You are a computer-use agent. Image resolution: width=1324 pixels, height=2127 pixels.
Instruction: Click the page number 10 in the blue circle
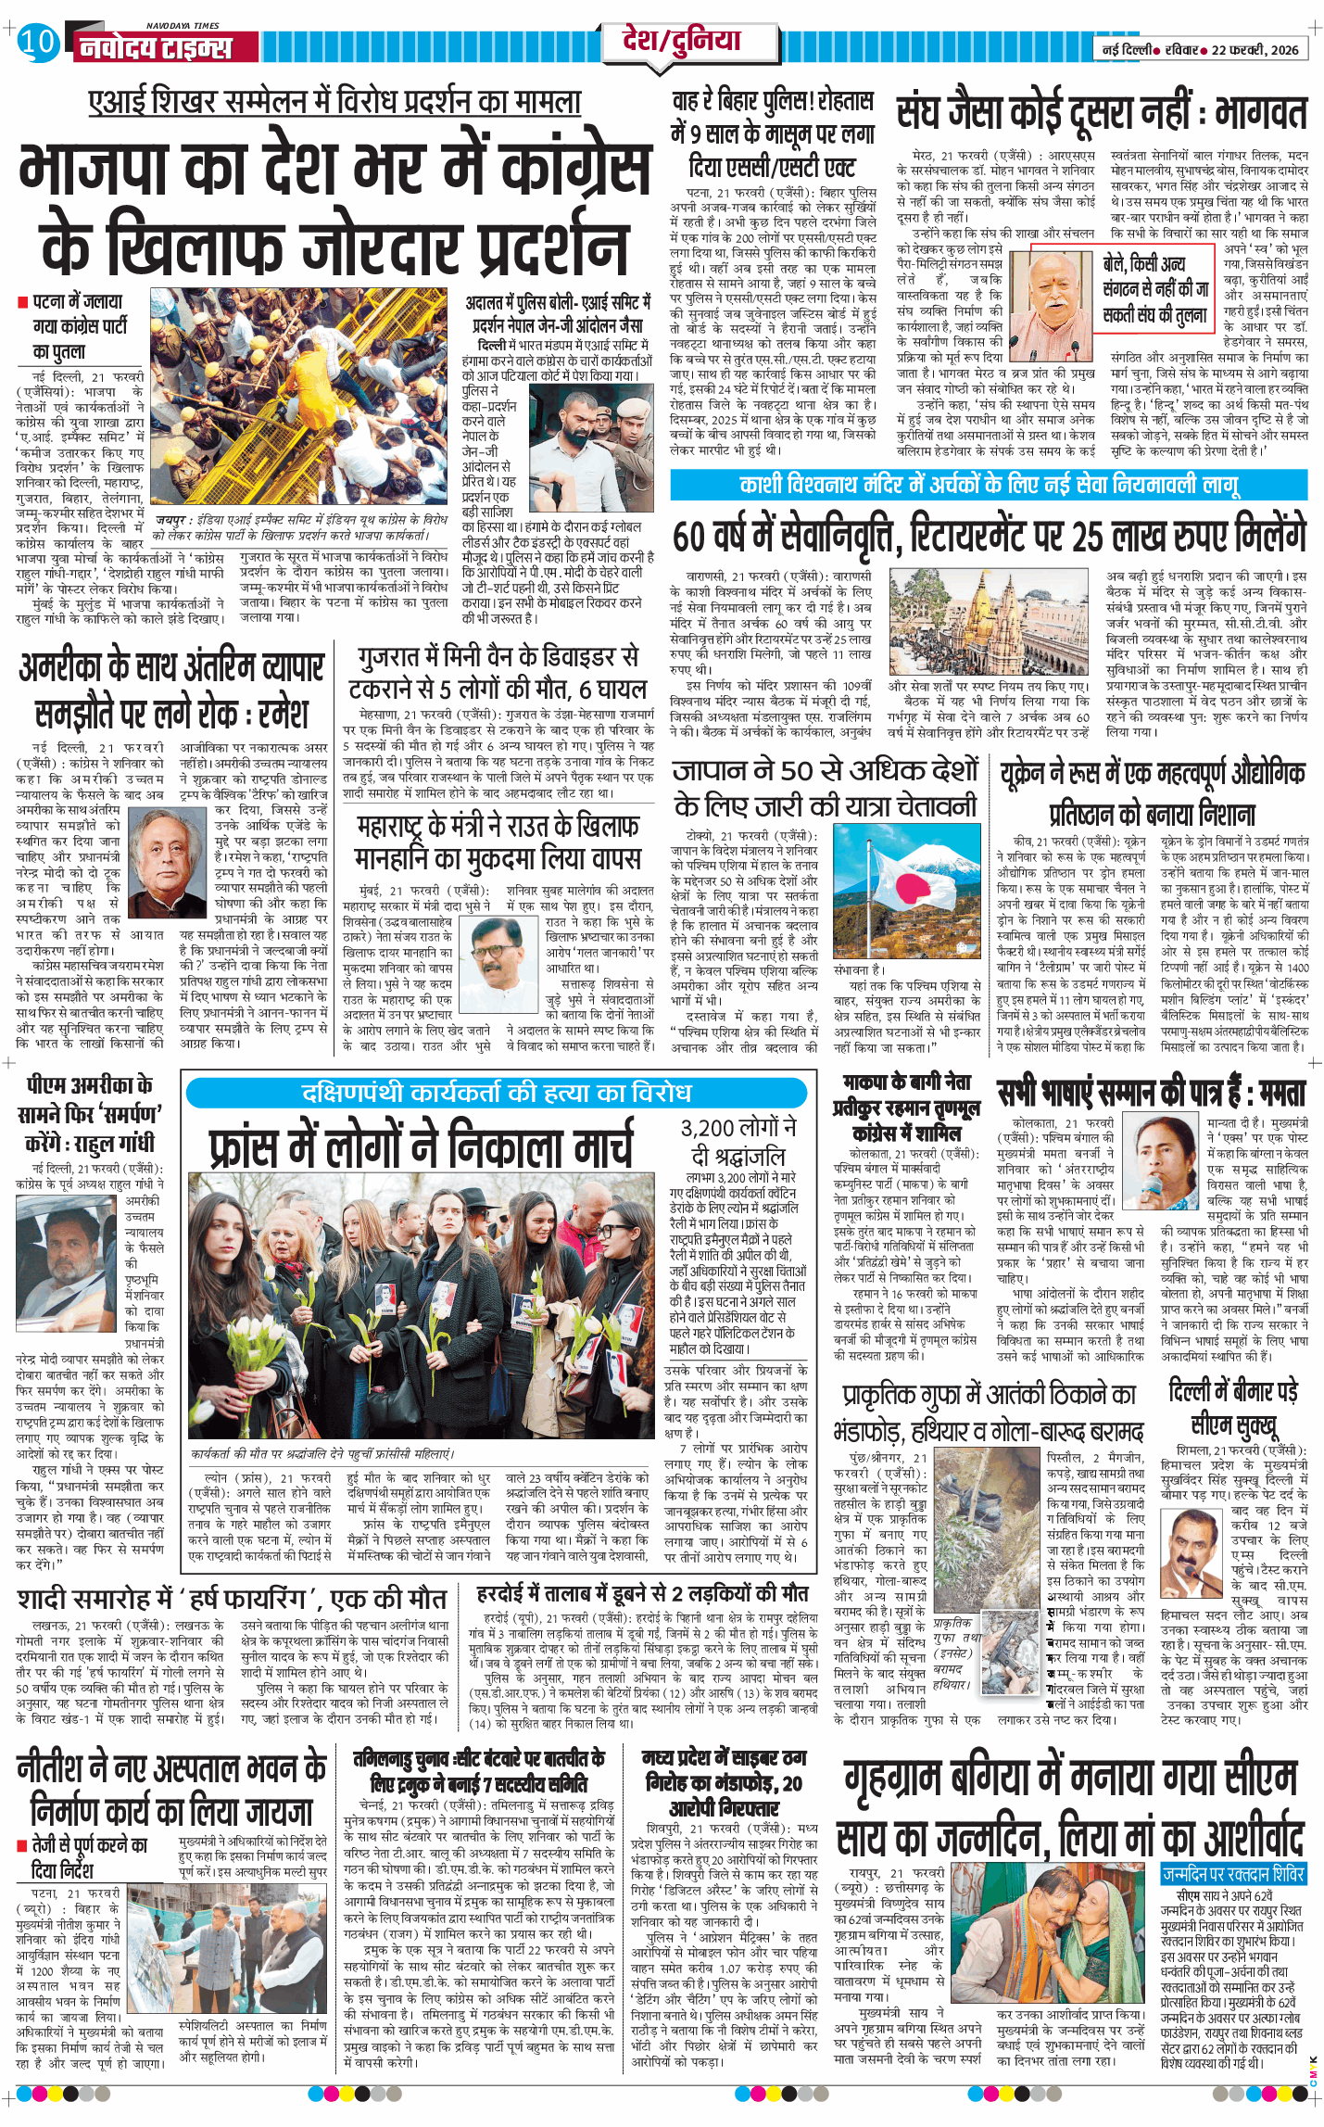[37, 44]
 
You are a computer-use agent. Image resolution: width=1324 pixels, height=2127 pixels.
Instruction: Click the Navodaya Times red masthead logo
[154, 46]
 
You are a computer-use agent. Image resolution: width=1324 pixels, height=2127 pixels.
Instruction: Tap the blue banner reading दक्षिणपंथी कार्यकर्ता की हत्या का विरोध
[497, 1093]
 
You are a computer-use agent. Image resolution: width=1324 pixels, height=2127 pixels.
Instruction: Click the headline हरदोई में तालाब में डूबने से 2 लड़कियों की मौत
[642, 1594]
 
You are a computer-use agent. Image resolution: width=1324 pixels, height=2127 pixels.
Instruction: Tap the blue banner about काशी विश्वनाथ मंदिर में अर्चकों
[988, 485]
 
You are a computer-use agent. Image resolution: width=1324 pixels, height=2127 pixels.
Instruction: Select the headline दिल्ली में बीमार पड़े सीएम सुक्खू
[1233, 1407]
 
